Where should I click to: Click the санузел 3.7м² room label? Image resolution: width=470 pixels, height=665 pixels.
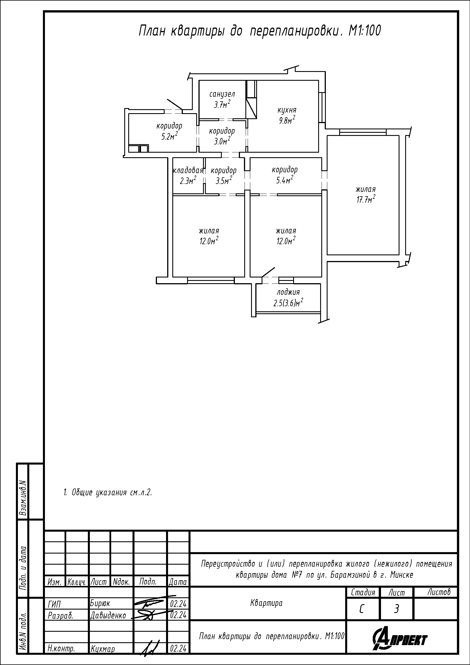click(x=222, y=99)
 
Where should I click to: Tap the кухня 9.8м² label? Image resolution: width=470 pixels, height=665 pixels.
click(x=287, y=115)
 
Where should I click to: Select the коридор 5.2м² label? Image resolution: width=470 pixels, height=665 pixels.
click(x=169, y=131)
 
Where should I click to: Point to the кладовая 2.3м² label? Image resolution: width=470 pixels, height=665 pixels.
click(x=188, y=176)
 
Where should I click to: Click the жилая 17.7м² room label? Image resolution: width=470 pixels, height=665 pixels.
click(x=366, y=195)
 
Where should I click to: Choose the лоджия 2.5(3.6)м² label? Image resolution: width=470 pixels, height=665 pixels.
click(x=288, y=298)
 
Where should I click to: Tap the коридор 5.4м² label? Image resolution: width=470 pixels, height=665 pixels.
click(x=285, y=175)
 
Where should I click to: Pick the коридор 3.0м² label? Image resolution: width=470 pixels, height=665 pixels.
click(x=222, y=136)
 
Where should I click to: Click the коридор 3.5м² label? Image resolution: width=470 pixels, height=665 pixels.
click(x=223, y=176)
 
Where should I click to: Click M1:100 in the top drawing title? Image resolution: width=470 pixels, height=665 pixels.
click(x=365, y=31)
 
